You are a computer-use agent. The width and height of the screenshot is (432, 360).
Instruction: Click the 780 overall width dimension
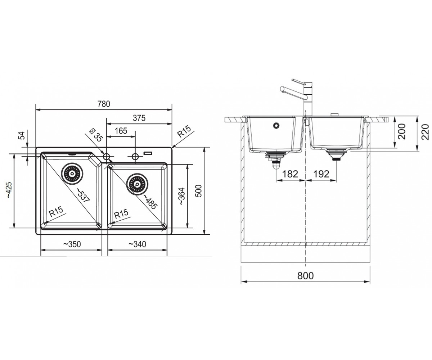point(104,104)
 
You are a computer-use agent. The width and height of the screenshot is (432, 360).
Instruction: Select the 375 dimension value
point(139,118)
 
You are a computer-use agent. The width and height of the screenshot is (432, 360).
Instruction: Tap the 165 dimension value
point(121,131)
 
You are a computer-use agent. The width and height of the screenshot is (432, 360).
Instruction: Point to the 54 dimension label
point(22,136)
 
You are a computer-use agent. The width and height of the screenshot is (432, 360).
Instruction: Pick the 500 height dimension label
point(198,191)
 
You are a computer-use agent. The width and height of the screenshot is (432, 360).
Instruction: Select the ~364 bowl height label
point(181,196)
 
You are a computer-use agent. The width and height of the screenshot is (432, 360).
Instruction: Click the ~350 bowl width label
point(72,244)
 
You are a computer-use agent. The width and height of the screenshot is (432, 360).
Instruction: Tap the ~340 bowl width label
point(137,244)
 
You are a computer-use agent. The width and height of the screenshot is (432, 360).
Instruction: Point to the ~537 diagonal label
point(82,195)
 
